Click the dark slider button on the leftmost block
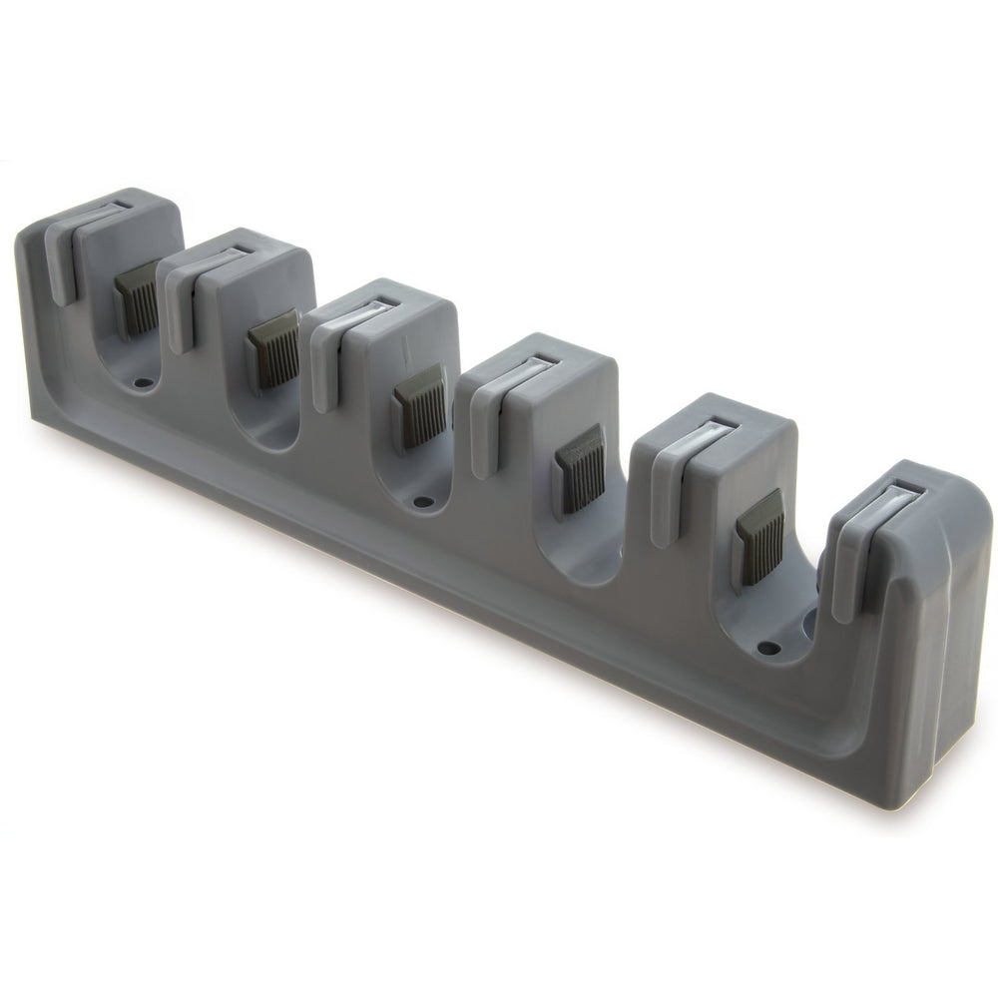point(137,296)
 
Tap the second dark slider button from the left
point(274,348)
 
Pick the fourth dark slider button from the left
point(581,469)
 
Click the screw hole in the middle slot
point(422,500)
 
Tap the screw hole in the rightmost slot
point(767,648)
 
